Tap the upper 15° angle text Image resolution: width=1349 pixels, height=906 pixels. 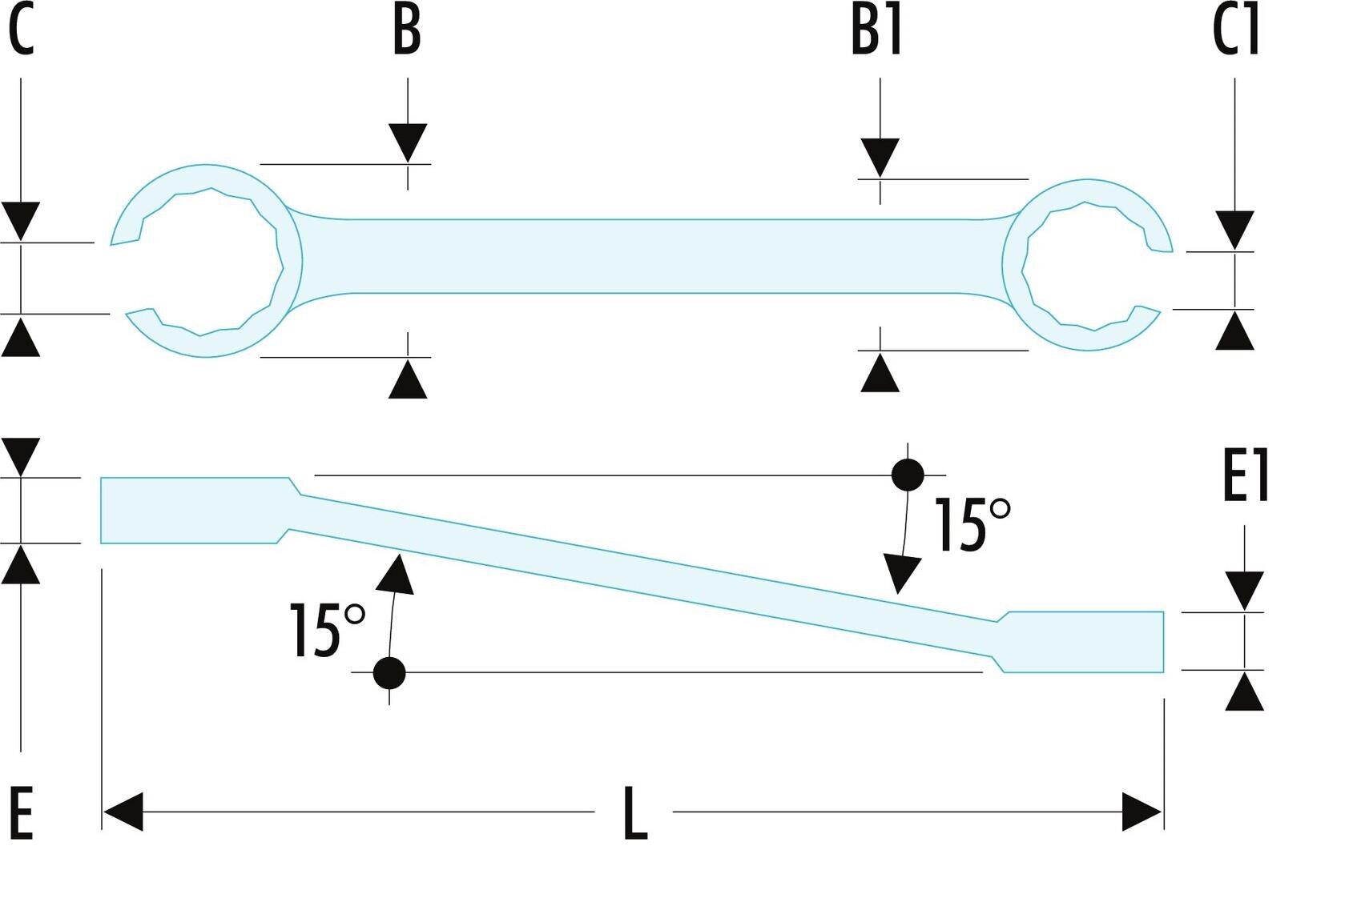tap(972, 524)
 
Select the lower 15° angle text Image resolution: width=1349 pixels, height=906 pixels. tap(327, 630)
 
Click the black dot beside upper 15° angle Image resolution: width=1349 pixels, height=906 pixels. tap(908, 475)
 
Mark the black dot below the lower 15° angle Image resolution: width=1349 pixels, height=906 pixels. tap(389, 672)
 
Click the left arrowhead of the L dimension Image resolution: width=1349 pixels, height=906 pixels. tap(123, 812)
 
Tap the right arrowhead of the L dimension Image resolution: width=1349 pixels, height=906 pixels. tap(1142, 812)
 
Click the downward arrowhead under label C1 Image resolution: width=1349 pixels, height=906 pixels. tap(1234, 231)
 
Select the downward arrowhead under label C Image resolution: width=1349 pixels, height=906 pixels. tap(21, 222)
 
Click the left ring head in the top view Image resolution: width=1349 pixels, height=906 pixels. tap(206, 260)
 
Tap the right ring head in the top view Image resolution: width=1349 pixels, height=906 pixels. tap(1088, 265)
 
